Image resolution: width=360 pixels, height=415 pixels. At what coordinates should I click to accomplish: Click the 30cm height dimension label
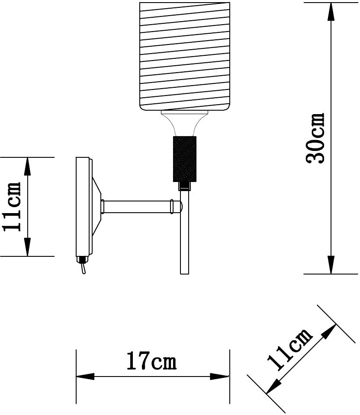[315, 138]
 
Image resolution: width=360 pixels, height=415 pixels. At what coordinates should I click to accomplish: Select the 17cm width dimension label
[151, 361]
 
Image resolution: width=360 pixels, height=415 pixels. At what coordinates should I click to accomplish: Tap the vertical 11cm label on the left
[12, 207]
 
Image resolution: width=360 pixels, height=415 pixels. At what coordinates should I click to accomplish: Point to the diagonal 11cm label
[290, 349]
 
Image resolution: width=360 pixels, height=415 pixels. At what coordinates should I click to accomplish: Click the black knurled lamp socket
[185, 159]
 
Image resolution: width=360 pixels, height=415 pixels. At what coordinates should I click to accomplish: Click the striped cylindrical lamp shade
[185, 56]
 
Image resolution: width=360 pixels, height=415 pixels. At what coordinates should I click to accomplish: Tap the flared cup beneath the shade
[185, 123]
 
